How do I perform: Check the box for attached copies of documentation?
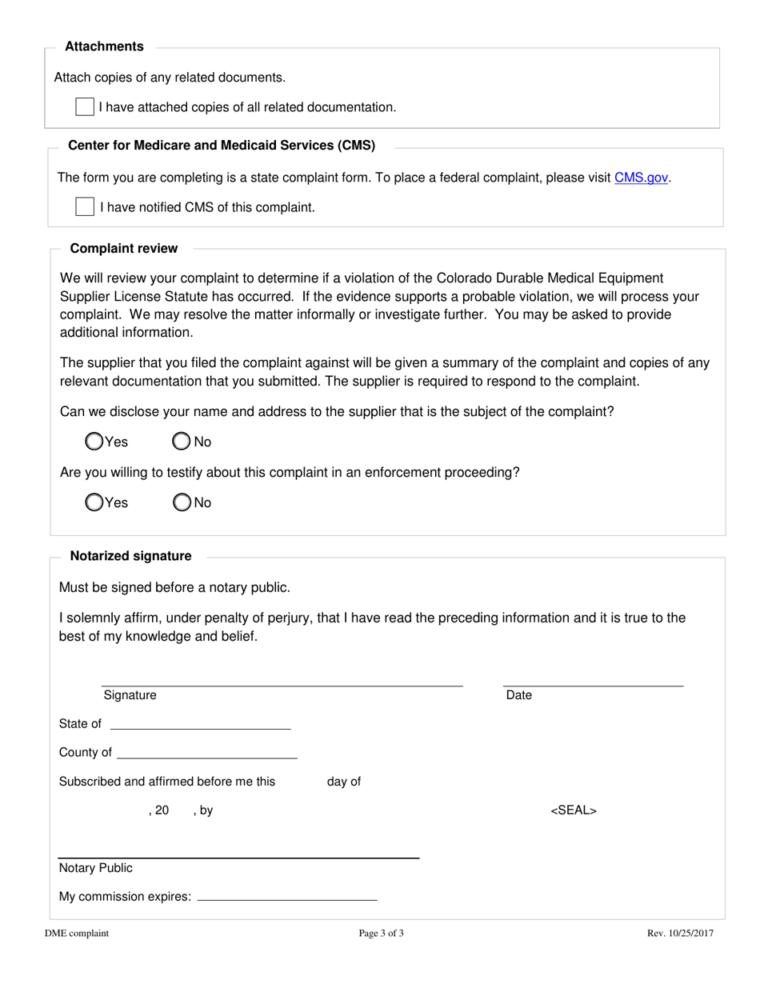pyautogui.click(x=85, y=107)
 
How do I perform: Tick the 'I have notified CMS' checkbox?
pyautogui.click(x=85, y=207)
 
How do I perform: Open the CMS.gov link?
pyautogui.click(x=641, y=178)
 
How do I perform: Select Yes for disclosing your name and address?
pyautogui.click(x=94, y=442)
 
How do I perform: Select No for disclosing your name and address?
pyautogui.click(x=182, y=442)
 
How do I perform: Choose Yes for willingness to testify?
pyautogui.click(x=94, y=502)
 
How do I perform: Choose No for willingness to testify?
pyautogui.click(x=182, y=502)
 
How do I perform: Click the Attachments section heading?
pyautogui.click(x=104, y=46)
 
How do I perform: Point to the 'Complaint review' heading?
pyautogui.click(x=124, y=248)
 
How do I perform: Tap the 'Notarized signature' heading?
pyautogui.click(x=131, y=556)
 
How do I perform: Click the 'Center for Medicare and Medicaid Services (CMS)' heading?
pyautogui.click(x=222, y=146)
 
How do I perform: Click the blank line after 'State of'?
pyautogui.click(x=200, y=724)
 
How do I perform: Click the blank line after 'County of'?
pyautogui.click(x=207, y=753)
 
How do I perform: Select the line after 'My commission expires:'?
pyautogui.click(x=286, y=896)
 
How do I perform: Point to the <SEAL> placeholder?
pyautogui.click(x=574, y=810)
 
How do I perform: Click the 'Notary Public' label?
pyautogui.click(x=96, y=868)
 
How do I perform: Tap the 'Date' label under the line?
pyautogui.click(x=519, y=695)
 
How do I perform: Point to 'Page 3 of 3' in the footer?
pyautogui.click(x=381, y=933)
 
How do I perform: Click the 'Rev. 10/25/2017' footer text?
pyautogui.click(x=680, y=933)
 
